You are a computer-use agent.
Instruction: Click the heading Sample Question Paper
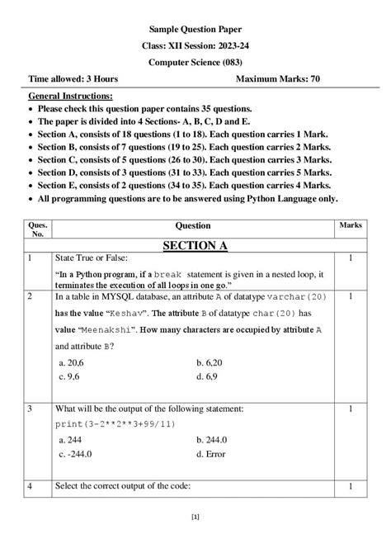pos(195,28)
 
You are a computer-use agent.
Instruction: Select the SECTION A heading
pos(195,245)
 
